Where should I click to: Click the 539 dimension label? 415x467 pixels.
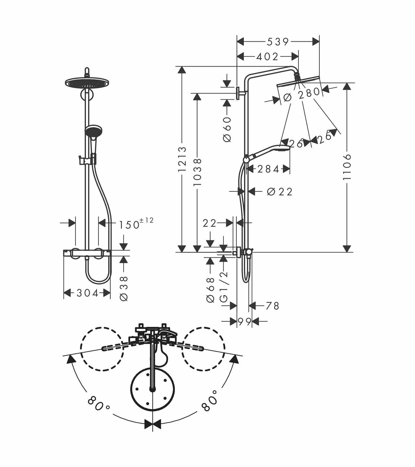pyautogui.click(x=278, y=42)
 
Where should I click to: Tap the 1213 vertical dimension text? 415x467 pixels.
pyautogui.click(x=183, y=159)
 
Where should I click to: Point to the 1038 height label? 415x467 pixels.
pyautogui.click(x=198, y=172)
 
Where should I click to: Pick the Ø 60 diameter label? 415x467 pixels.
pyautogui.click(x=227, y=129)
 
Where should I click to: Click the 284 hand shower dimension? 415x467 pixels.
pyautogui.click(x=268, y=169)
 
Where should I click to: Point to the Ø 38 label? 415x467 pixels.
pyautogui.click(x=124, y=288)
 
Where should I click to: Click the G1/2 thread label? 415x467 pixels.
pyautogui.click(x=224, y=285)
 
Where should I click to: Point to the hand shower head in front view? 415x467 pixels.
pyautogui.click(x=93, y=130)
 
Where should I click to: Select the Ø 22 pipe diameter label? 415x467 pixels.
pyautogui.click(x=280, y=192)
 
